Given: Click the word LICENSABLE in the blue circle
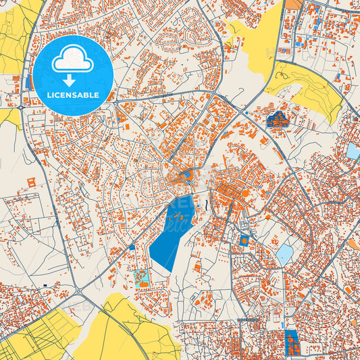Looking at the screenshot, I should (x=72, y=95).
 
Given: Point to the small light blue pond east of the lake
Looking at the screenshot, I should (x=284, y=254).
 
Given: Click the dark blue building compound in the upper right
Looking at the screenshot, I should (x=278, y=120).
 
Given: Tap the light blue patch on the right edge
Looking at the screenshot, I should (x=353, y=151).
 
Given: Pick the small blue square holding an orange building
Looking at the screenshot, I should (x=245, y=240).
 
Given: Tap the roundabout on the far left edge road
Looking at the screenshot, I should (x=20, y=107).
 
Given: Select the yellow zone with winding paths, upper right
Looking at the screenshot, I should (x=311, y=91).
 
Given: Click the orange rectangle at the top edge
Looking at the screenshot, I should (x=293, y=4).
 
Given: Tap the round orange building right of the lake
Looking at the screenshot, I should (x=247, y=194).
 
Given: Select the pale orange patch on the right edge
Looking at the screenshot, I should (x=354, y=243).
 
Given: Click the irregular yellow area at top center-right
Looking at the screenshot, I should (x=260, y=37).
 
